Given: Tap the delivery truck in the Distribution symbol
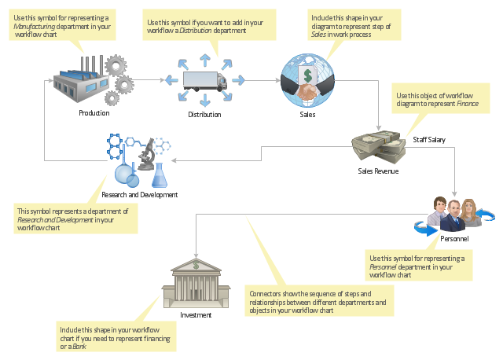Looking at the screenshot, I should click(x=205, y=80).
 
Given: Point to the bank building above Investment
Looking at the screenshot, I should click(x=196, y=283).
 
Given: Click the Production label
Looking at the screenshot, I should click(x=94, y=113).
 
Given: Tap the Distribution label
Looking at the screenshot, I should click(x=204, y=115).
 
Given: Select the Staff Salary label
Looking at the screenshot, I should click(x=429, y=140).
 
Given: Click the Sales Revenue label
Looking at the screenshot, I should click(x=378, y=171).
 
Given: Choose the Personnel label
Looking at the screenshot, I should click(x=454, y=239).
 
